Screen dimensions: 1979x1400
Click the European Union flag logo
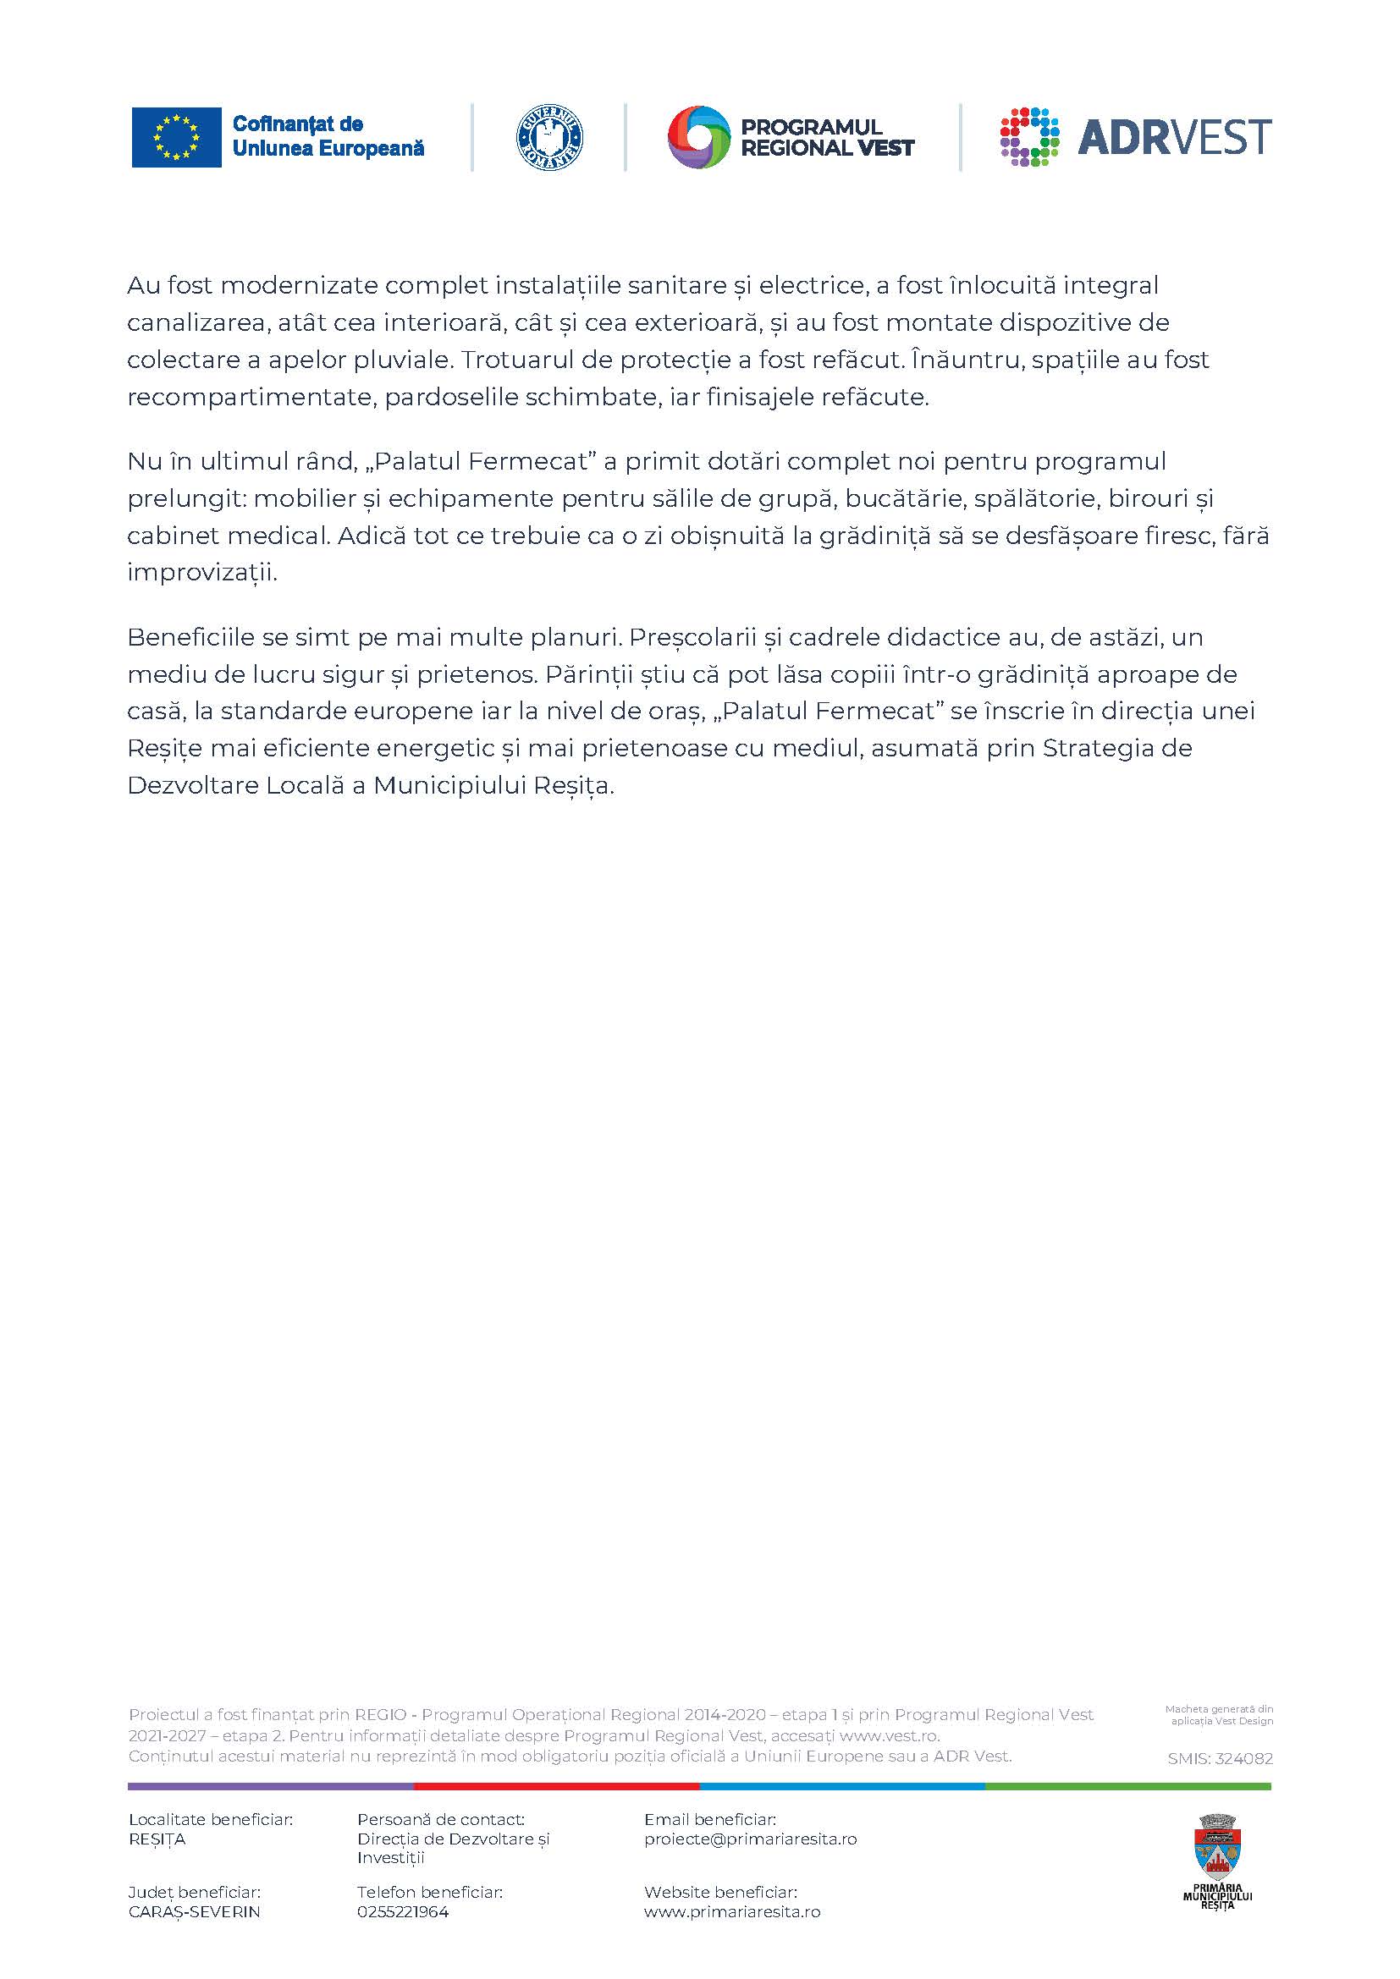click(176, 137)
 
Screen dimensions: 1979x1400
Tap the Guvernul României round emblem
click(549, 138)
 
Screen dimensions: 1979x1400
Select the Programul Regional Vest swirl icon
click(698, 137)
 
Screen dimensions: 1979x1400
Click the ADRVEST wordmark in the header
click(1174, 137)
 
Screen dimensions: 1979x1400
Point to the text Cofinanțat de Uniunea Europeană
click(328, 136)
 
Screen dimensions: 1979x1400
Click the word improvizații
click(201, 572)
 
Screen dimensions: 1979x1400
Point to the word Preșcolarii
click(693, 637)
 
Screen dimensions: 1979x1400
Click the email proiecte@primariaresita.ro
click(750, 1839)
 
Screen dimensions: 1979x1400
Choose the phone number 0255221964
click(403, 1912)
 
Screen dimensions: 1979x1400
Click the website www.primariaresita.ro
click(732, 1912)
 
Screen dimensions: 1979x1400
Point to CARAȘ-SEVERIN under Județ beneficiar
click(194, 1912)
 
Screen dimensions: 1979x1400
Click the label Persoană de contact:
click(440, 1820)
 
